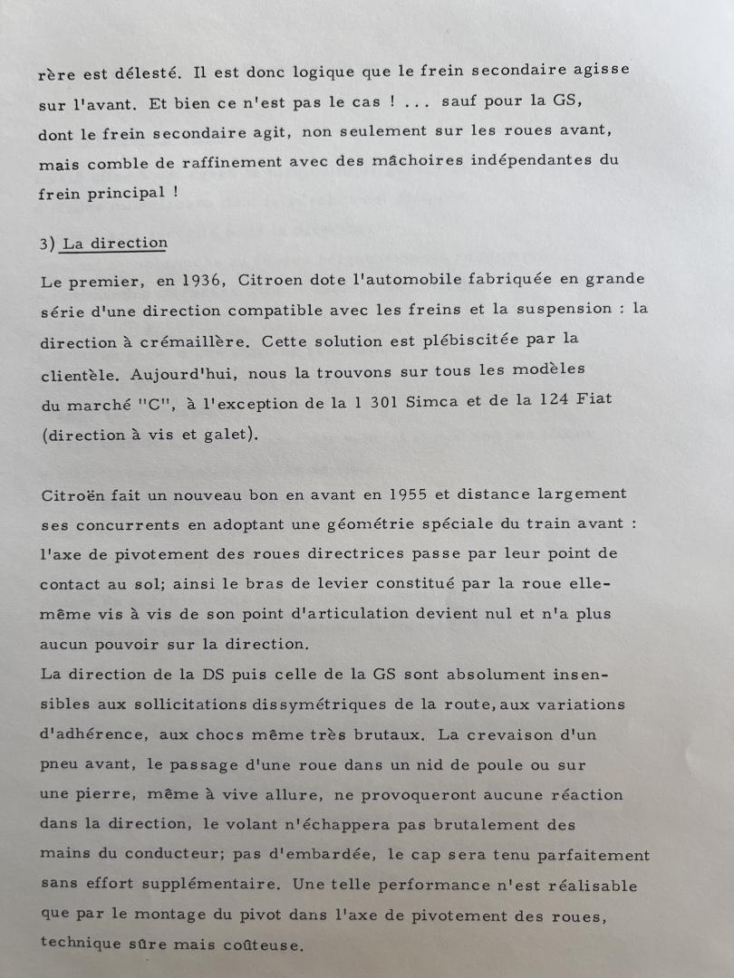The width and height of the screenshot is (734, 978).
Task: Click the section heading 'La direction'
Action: click(115, 243)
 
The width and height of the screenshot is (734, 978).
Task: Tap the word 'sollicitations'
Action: click(204, 705)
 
